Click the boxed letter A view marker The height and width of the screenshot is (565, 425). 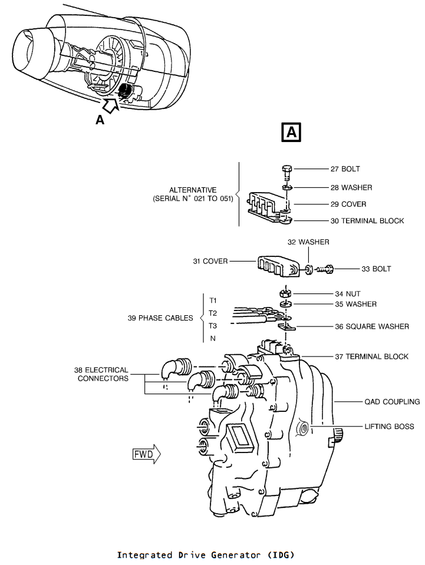point(291,132)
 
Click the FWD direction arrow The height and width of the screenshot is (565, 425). point(146,454)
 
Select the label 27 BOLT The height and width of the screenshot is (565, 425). point(345,168)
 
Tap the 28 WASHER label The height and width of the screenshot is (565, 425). point(351,187)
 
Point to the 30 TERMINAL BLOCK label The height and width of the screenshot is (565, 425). point(367,220)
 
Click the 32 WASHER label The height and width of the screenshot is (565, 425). point(308,242)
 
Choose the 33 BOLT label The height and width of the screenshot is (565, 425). point(376,269)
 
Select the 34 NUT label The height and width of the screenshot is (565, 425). point(348,293)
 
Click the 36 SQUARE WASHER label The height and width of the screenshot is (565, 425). point(371,326)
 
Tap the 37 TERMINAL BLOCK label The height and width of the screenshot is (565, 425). point(371,356)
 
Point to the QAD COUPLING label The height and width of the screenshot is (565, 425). point(392,401)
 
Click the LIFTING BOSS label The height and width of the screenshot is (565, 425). point(389,427)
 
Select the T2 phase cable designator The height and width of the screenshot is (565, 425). point(213,313)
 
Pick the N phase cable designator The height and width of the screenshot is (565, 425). point(213,338)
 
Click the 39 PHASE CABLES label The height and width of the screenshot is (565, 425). point(160,318)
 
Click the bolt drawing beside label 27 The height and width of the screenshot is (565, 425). point(287,173)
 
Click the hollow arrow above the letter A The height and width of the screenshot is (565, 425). point(111,105)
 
